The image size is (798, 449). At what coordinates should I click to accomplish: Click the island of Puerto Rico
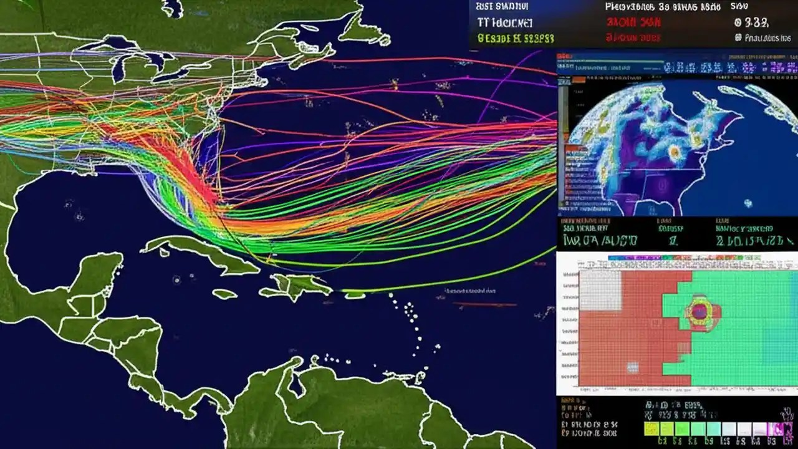pyautogui.click(x=354, y=294)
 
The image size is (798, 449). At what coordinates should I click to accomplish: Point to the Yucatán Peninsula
pyautogui.click(x=100, y=274)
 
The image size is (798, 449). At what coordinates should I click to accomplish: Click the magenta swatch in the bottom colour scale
pyautogui.click(x=777, y=428)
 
